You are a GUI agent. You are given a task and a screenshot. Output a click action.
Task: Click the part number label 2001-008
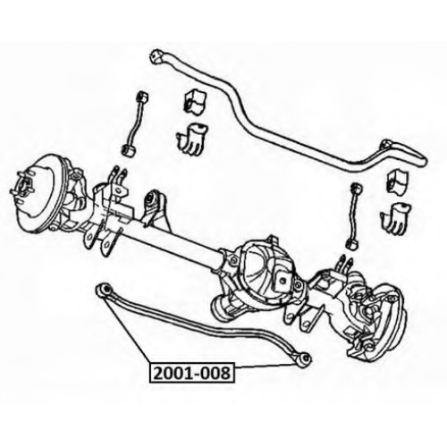click(x=192, y=373)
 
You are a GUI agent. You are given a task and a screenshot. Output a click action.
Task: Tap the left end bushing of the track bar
click(x=104, y=289)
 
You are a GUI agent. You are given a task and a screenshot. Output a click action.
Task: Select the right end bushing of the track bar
click(x=304, y=360)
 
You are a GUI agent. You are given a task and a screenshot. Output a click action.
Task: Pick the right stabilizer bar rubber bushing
click(x=398, y=181)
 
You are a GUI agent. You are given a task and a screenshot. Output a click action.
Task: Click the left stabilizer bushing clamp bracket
click(x=192, y=139)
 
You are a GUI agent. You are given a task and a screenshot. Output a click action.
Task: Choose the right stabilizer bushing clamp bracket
click(x=395, y=217)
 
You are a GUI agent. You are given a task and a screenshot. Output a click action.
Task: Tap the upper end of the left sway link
click(x=142, y=97)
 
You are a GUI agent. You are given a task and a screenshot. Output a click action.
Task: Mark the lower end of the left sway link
click(x=130, y=149)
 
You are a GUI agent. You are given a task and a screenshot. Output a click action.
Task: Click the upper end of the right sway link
click(x=356, y=189)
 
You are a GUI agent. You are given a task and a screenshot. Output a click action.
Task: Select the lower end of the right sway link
click(x=352, y=243)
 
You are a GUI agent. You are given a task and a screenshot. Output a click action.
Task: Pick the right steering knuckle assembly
click(x=373, y=313)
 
